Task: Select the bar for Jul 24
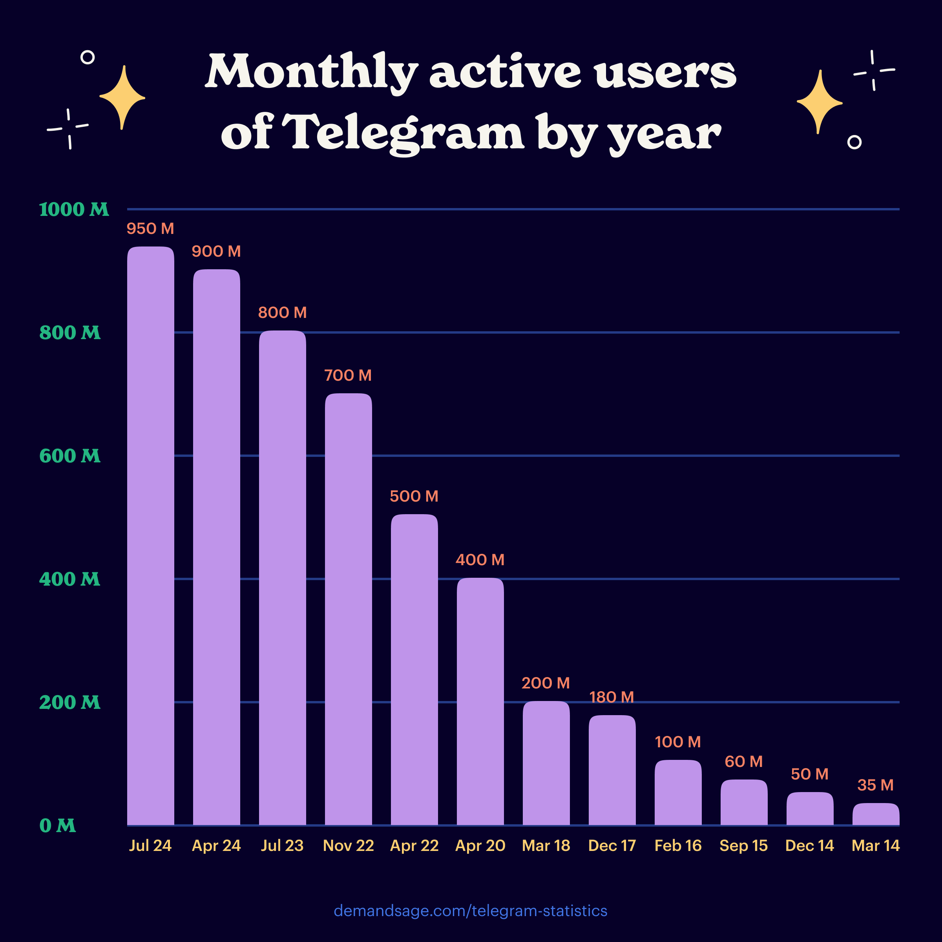pyautogui.click(x=151, y=536)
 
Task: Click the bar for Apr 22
pyautogui.click(x=414, y=670)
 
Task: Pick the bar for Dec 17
pyautogui.click(x=612, y=770)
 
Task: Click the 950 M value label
pyautogui.click(x=150, y=229)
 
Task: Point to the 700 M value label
pyautogui.click(x=348, y=376)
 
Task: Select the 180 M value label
pyautogui.click(x=612, y=697)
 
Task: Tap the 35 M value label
pyautogui.click(x=875, y=785)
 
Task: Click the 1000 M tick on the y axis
pyautogui.click(x=74, y=210)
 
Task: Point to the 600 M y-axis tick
pyautogui.click(x=70, y=456)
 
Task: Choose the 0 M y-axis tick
pyautogui.click(x=58, y=825)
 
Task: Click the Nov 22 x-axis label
pyautogui.click(x=348, y=845)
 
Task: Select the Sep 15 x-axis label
pyautogui.click(x=743, y=845)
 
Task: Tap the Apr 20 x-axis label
pyautogui.click(x=480, y=845)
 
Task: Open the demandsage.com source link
pyautogui.click(x=471, y=911)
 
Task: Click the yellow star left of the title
pyautogui.click(x=122, y=97)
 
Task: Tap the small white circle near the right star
pyautogui.click(x=854, y=142)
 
